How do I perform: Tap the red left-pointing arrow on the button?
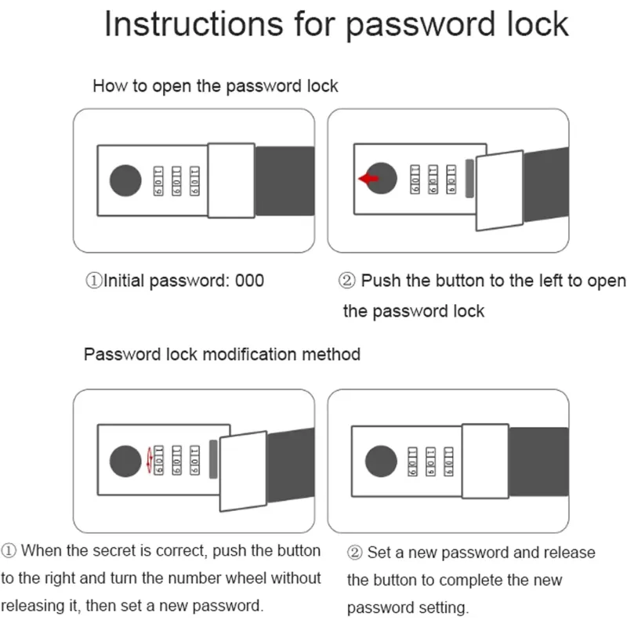pyautogui.click(x=368, y=179)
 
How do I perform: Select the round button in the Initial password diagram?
pyautogui.click(x=125, y=181)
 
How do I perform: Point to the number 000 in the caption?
pyautogui.click(x=250, y=280)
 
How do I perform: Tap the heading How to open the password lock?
pyautogui.click(x=215, y=85)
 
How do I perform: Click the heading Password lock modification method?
pyautogui.click(x=222, y=353)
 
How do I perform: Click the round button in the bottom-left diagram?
pyautogui.click(x=125, y=460)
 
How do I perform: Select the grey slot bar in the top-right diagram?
pyautogui.click(x=470, y=179)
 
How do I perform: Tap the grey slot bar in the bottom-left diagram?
pyautogui.click(x=214, y=460)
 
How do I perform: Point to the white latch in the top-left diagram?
pyautogui.click(x=231, y=181)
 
